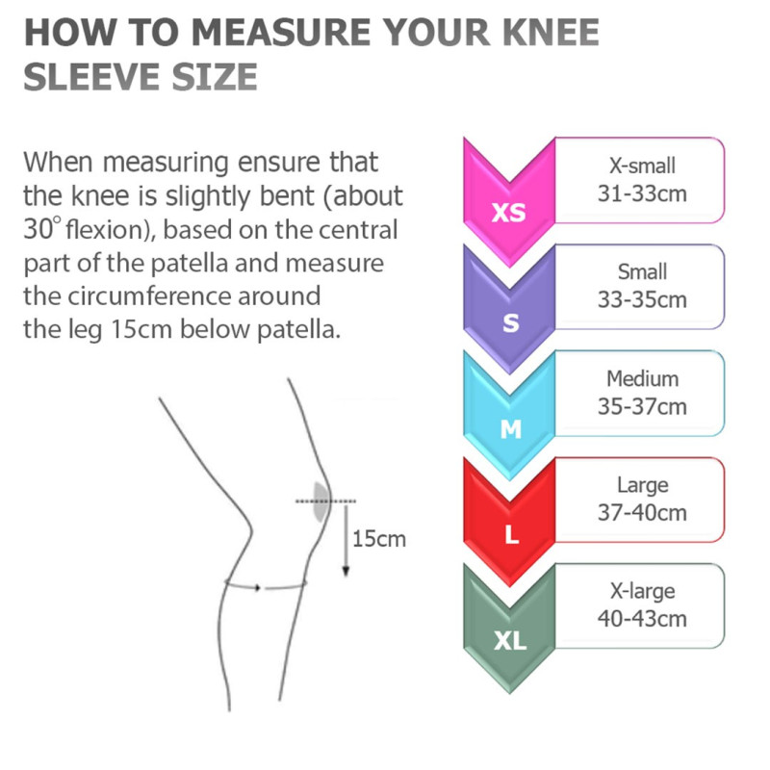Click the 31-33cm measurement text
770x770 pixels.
(642, 194)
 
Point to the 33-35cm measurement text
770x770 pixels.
(642, 300)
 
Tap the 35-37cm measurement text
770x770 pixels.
(642, 406)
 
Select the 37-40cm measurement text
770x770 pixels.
(642, 513)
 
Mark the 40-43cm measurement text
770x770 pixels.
(642, 619)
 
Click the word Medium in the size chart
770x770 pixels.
(642, 378)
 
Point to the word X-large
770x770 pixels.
(642, 592)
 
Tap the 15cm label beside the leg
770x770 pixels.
(379, 539)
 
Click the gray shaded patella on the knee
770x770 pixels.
(321, 501)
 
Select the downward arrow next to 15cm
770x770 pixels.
(346, 540)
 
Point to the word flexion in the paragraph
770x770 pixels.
(107, 229)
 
